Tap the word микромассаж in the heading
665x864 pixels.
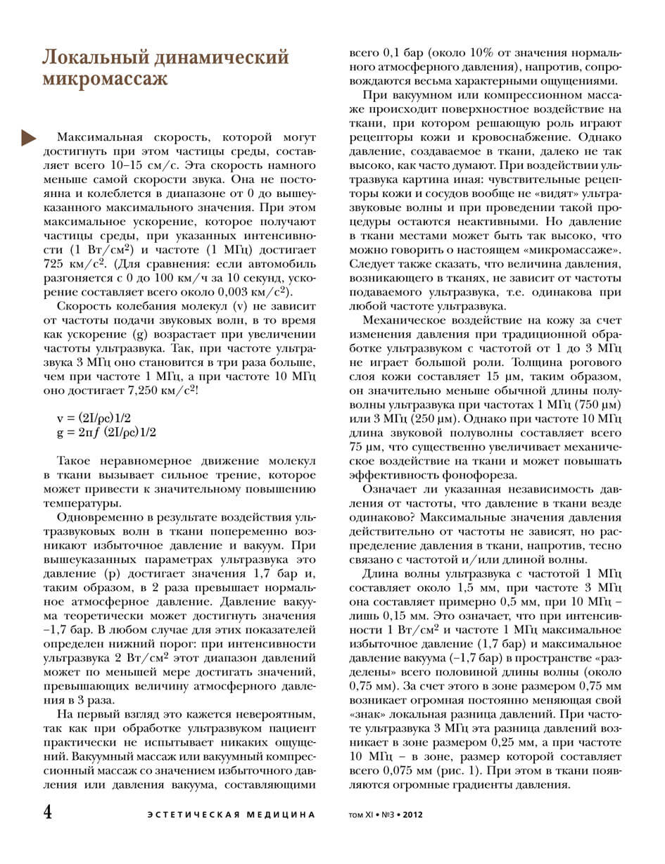[105, 79]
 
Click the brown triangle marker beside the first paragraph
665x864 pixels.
[29, 138]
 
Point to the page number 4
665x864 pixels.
[48, 812]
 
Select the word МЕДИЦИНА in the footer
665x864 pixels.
[281, 815]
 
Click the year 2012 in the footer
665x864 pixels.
[412, 815]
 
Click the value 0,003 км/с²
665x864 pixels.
[253, 292]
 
